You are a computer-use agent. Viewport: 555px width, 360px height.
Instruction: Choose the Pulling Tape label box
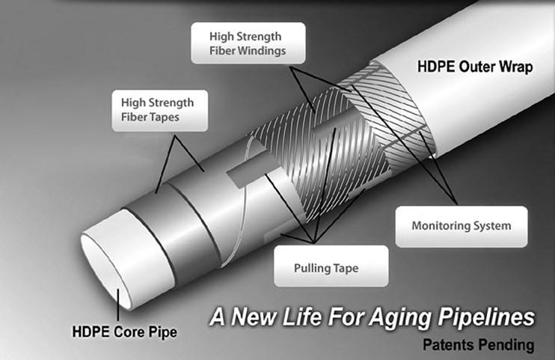coord(329,266)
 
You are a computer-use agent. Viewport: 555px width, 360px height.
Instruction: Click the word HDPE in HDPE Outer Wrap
coord(435,67)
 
